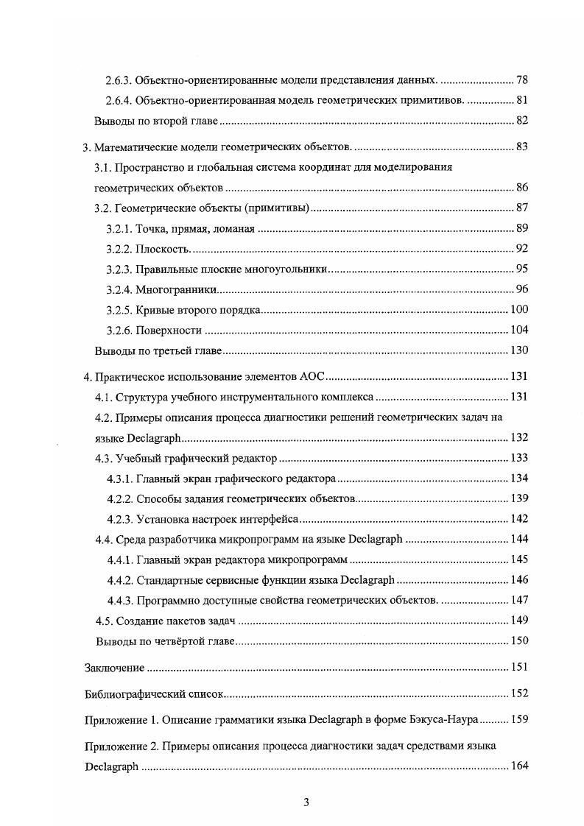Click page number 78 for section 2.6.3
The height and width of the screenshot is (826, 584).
point(521,80)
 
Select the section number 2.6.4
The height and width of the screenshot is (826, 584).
point(119,100)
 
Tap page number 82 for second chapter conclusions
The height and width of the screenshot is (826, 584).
point(521,121)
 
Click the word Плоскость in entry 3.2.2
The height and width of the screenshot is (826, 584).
point(158,249)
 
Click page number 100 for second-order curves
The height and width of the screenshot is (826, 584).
point(519,309)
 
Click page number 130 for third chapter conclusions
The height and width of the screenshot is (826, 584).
point(519,350)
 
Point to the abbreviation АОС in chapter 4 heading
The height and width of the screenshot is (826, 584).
point(312,377)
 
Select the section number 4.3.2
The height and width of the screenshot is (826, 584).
point(119,499)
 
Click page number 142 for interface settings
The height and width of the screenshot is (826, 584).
point(519,519)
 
